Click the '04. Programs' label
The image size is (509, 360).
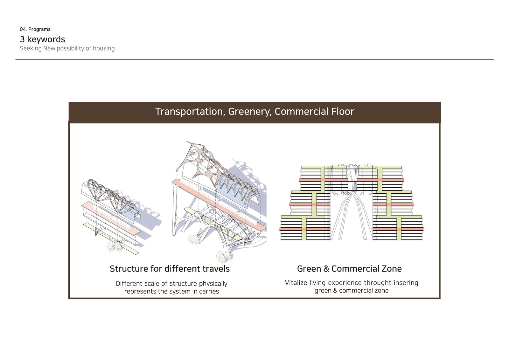coord(35,29)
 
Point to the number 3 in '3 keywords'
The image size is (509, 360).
coord(22,39)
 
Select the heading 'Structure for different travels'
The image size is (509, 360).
coord(170,269)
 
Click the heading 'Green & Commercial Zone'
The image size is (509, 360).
coord(350,269)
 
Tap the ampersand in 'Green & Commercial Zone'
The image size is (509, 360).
coord(326,269)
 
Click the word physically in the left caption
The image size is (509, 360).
coord(213,284)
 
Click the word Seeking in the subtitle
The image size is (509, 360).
coord(31,49)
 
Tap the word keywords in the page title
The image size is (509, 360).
coord(46,39)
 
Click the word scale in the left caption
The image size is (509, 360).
coord(152,284)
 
